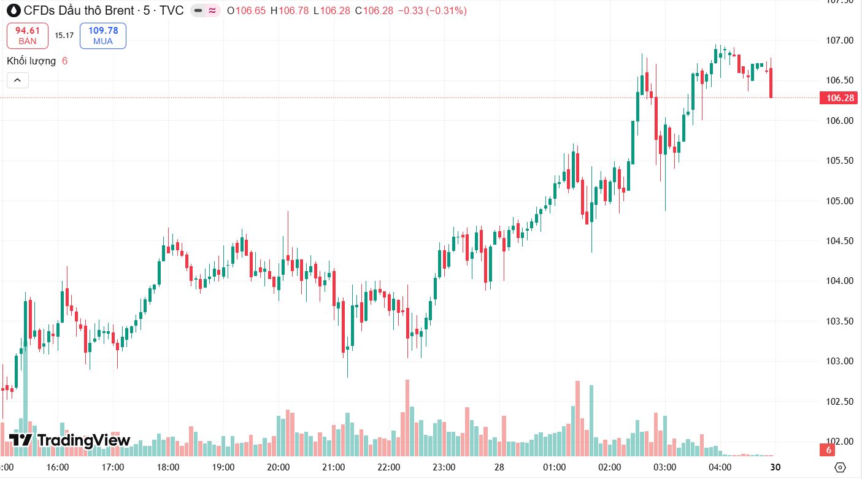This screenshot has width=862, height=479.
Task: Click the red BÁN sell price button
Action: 27,36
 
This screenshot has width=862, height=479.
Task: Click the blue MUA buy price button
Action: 102,36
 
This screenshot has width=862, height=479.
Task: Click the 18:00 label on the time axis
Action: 168,467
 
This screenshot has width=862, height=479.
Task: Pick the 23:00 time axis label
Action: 444,467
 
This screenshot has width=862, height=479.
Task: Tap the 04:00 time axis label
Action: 719,467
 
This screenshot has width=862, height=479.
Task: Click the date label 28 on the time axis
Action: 499,467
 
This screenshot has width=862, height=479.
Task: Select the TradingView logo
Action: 69,440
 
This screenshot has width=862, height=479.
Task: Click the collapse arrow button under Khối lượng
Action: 17,80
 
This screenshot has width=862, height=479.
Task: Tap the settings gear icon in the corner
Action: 841,467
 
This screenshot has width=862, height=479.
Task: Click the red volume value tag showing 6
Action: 828,451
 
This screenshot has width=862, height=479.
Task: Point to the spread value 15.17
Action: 64,36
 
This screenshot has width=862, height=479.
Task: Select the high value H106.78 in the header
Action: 290,11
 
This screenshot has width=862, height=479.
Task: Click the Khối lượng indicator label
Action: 31,61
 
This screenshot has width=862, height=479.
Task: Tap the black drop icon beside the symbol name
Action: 13,10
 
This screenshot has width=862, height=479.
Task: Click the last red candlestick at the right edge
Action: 771,82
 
